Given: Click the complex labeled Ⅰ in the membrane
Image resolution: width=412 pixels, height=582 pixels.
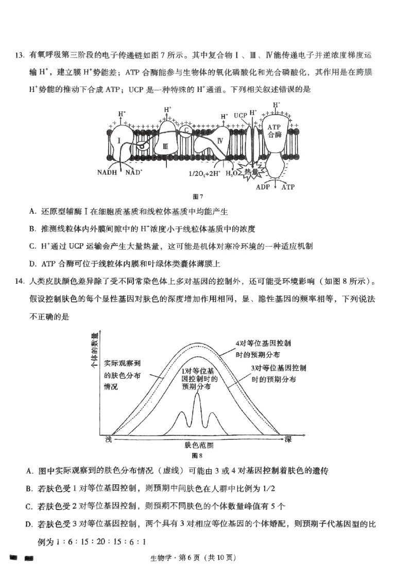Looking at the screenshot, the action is [x=119, y=140].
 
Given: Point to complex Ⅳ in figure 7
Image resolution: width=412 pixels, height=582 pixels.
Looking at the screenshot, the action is [x=220, y=140].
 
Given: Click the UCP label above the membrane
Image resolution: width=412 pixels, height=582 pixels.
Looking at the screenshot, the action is [x=240, y=115].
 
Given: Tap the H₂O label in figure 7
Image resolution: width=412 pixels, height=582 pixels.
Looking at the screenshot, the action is [x=232, y=173].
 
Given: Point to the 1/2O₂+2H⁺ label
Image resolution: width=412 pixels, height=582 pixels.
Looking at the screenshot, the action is [x=205, y=173].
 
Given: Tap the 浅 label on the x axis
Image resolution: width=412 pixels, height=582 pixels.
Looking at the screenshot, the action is [x=108, y=439].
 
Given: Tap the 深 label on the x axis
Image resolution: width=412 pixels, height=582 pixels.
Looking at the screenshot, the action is [x=288, y=438].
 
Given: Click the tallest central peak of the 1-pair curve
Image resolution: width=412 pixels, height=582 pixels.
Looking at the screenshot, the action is [x=198, y=395].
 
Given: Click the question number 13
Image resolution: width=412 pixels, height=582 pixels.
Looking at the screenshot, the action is [x=21, y=56].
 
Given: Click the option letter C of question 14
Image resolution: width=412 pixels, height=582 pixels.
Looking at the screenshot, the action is [x=29, y=506].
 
